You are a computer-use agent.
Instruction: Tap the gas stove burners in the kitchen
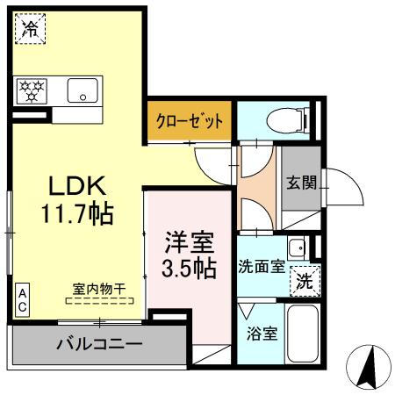34,89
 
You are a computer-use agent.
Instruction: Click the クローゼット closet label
190,120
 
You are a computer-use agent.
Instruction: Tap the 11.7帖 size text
78,212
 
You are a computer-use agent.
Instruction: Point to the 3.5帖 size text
189,268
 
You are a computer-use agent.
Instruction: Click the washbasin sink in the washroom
298,247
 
